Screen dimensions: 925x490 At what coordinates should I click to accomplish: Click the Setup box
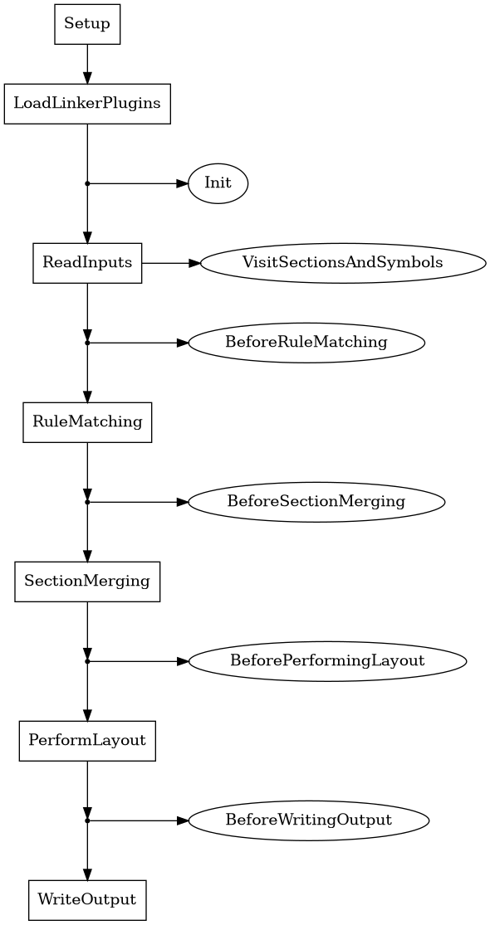pos(87,24)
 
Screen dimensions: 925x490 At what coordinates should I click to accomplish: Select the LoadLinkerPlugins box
pos(87,104)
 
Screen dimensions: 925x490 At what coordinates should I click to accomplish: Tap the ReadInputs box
pos(87,263)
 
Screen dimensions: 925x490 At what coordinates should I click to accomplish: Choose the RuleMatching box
pos(87,422)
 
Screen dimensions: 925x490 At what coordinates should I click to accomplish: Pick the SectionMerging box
pos(87,582)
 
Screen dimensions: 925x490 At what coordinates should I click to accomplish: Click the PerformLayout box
pos(87,741)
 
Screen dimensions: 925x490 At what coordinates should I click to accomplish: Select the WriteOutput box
pos(87,900)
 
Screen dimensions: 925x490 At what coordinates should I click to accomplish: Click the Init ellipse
pos(218,183)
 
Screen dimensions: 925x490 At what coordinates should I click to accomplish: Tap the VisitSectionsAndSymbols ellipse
pos(342,263)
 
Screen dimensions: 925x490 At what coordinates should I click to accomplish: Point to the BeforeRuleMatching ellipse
pos(306,343)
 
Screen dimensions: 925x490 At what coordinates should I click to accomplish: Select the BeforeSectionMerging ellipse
pos(316,502)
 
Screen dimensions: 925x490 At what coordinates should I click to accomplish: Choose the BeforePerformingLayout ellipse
pos(327,661)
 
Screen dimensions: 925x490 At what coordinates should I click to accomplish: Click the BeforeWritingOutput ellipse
pos(309,820)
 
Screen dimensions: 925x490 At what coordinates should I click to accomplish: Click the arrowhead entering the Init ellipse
pos(183,183)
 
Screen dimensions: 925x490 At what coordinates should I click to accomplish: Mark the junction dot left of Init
pos(87,183)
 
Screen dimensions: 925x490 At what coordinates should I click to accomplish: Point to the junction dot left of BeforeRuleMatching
pos(87,343)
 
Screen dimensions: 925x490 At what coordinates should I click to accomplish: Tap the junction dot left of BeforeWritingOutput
pos(87,820)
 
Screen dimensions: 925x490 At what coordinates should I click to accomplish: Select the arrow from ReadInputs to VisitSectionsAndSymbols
pos(170,263)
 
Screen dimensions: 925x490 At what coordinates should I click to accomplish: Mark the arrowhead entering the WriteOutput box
pos(87,874)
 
